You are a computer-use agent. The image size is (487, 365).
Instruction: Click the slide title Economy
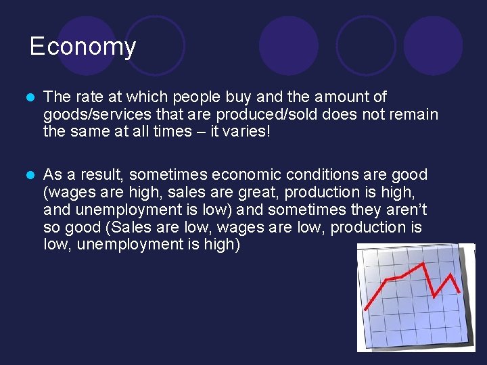pos(83,47)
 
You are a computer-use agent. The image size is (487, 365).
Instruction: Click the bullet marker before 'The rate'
pos(28,97)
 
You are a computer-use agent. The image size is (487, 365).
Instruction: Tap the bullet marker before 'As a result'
pos(28,175)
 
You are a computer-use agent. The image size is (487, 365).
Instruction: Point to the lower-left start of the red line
pos(366,309)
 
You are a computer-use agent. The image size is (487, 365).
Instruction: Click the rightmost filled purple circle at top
pos(434,45)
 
